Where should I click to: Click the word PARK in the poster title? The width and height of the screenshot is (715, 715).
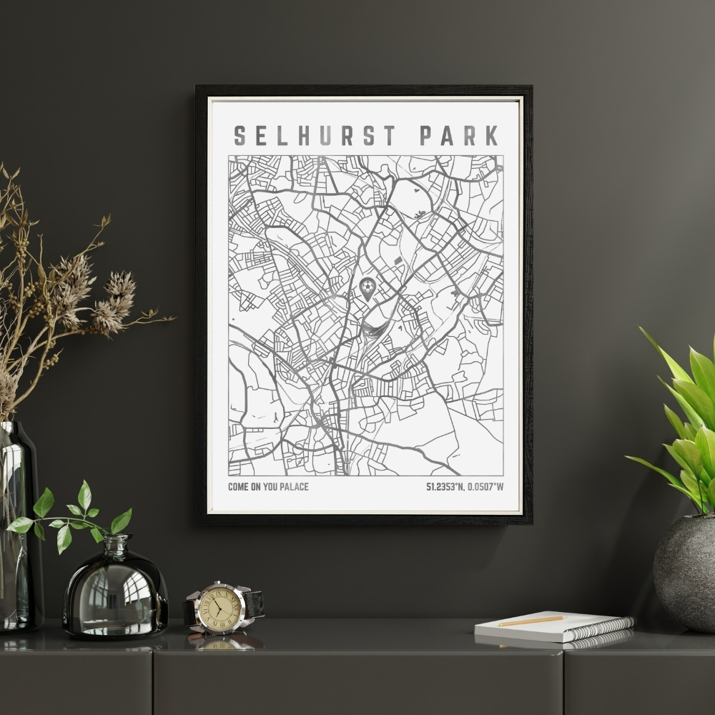pos(458,136)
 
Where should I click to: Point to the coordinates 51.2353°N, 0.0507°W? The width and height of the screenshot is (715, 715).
pos(465,488)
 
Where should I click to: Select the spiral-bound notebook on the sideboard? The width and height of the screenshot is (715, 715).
pos(554,628)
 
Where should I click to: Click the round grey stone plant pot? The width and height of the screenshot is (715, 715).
pos(685,572)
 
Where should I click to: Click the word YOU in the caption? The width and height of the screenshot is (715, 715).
pos(269,488)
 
